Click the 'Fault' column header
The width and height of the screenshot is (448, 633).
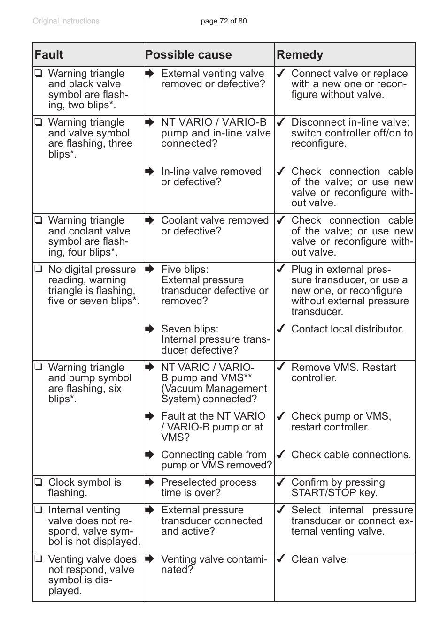pos(49,55)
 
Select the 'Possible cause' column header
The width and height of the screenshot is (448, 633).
pos(188,55)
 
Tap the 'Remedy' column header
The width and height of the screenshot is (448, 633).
pos(300,55)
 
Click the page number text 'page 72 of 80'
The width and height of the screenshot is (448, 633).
pos(224,21)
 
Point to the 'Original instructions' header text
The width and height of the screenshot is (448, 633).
pos(66,21)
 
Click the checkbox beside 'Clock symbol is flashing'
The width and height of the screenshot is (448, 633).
pos(39,482)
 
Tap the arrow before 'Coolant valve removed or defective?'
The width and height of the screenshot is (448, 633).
pos(150,220)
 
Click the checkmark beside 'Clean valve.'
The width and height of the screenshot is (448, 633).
pos(281,559)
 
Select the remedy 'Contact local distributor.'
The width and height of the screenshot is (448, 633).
pos(347,329)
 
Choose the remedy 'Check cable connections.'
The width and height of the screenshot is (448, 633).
pos(351,455)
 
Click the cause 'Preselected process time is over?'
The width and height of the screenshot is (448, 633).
pos(209,488)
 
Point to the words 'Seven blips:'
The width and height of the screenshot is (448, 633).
pos(189,329)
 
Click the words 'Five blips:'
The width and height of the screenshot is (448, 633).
pos(185,270)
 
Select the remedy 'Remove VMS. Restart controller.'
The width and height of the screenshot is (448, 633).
pos(343,373)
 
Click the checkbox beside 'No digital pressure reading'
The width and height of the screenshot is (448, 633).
pos(39,269)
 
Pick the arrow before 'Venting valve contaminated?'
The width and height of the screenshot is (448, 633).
pos(150,559)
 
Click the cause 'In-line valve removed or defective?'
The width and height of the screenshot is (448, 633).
pos(211,177)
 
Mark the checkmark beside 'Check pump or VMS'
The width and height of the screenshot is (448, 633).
pos(281,416)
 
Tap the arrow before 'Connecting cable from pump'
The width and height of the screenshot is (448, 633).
pos(150,454)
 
